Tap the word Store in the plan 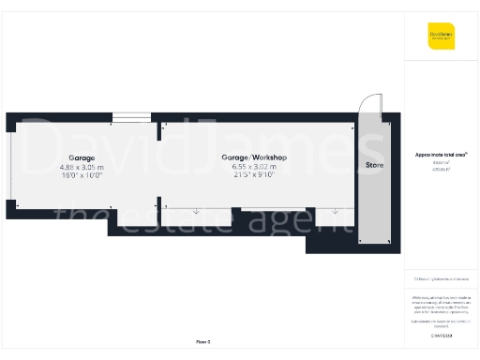375,166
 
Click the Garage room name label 82,157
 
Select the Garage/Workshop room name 253,157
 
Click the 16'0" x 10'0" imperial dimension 82,174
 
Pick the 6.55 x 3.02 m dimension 253,166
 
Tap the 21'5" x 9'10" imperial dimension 253,174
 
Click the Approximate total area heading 442,154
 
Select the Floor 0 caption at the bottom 202,342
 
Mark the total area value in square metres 441,162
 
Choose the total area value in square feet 441,169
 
